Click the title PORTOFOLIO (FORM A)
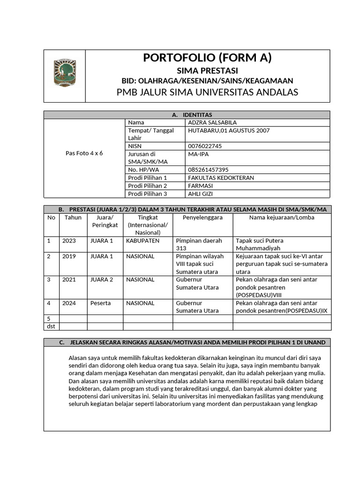pyautogui.click(x=207, y=58)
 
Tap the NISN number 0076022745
pyautogui.click(x=205, y=146)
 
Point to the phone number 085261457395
pyautogui.click(x=208, y=169)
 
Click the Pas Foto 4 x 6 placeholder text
pyautogui.click(x=84, y=153)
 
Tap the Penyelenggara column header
pyautogui.click(x=202, y=217)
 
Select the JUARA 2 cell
pyautogui.click(x=102, y=280)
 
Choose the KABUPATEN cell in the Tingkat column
pyautogui.click(x=142, y=241)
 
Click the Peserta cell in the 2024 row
pyautogui.click(x=100, y=303)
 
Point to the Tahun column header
pyautogui.click(x=73, y=217)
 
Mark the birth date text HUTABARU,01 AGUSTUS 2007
pyautogui.click(x=229, y=130)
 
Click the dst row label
pyautogui.click(x=51, y=326)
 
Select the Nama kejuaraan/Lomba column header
pyautogui.click(x=281, y=217)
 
